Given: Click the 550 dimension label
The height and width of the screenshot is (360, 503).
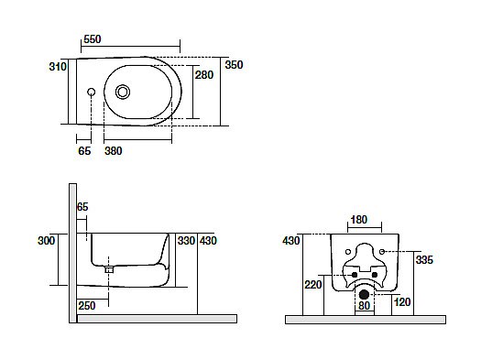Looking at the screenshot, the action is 93,39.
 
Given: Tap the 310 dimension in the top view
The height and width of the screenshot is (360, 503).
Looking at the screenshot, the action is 58,67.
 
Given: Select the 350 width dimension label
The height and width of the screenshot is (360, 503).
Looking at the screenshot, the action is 234,65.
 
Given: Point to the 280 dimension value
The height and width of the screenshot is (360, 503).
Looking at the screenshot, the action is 204,75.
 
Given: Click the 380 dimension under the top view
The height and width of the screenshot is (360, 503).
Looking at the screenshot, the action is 114,151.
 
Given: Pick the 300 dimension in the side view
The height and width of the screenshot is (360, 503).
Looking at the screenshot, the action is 46,241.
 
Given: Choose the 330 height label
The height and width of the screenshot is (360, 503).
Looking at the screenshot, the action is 186,241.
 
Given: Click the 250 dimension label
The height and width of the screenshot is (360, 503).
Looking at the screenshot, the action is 87,306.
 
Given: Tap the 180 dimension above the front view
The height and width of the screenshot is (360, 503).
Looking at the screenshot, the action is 358,220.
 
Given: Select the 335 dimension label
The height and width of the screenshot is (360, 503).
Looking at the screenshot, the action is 424,260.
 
